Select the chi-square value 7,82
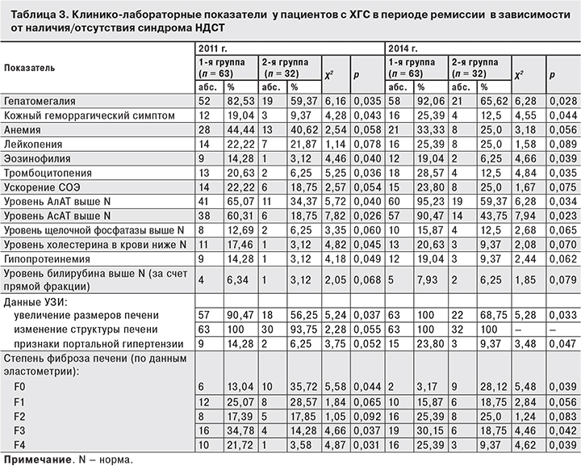[334, 216]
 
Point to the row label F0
[19, 387]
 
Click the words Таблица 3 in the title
[32, 10]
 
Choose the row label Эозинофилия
[36, 159]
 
